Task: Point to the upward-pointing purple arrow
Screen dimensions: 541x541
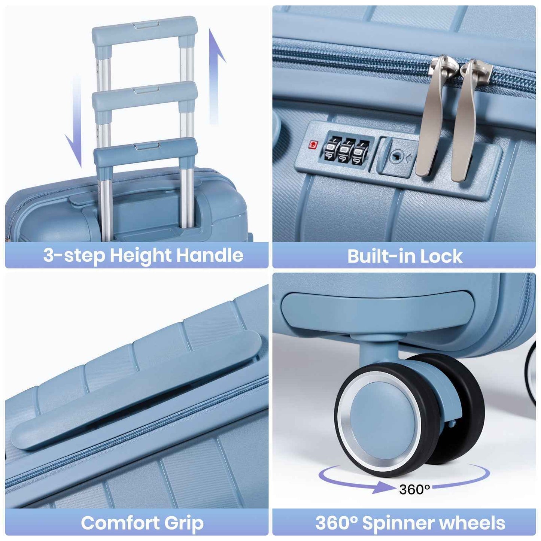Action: click(x=215, y=75)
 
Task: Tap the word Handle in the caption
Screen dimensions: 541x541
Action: click(x=210, y=256)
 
